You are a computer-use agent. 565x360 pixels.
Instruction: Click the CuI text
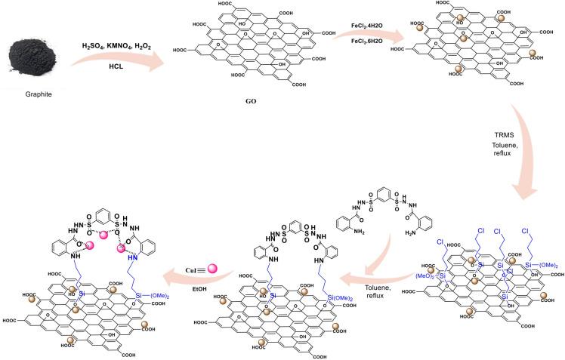193,266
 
